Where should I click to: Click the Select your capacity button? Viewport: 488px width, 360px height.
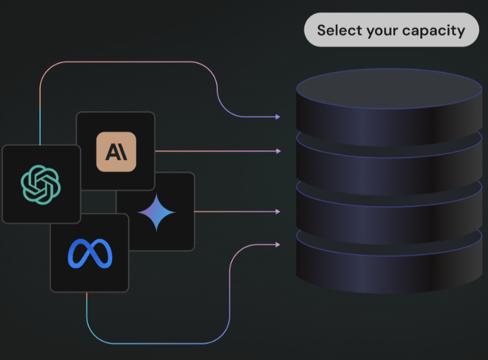tap(391, 30)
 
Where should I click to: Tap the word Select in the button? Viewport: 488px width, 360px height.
tap(338, 30)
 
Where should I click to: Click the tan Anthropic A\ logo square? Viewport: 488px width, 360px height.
tap(116, 151)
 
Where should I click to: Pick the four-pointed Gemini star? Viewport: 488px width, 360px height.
tap(157, 212)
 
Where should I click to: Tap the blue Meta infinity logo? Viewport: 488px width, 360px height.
tap(90, 253)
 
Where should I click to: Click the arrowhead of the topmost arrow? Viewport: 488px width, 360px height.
tap(278, 116)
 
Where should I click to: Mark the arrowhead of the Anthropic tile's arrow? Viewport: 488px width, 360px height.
tap(278, 150)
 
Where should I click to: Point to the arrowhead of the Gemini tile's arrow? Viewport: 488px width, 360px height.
tap(278, 212)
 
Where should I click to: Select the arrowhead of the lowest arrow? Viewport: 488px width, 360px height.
tap(278, 245)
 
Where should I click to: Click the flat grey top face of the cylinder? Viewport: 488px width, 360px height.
tap(389, 88)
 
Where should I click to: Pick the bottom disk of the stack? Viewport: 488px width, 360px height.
tap(389, 262)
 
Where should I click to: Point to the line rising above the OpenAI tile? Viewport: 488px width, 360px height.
tap(40, 110)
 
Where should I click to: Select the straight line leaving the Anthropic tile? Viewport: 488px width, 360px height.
tap(213, 150)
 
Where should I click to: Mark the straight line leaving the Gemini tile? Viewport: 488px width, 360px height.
tap(235, 212)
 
